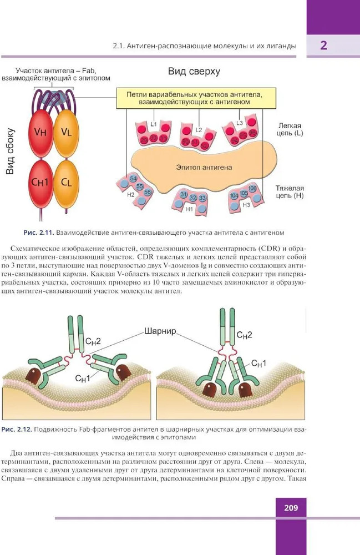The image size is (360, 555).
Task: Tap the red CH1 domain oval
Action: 40,183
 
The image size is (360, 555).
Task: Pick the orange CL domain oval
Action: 65,183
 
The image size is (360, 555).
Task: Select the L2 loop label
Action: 197,130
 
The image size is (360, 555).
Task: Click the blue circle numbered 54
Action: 133,179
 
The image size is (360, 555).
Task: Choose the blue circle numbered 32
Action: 193,198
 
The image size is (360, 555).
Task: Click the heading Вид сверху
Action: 194,72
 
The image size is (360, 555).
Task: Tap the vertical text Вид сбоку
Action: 10,152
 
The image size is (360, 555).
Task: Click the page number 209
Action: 291,507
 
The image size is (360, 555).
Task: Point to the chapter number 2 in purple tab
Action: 323,46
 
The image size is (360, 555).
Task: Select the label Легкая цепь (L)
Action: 291,129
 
